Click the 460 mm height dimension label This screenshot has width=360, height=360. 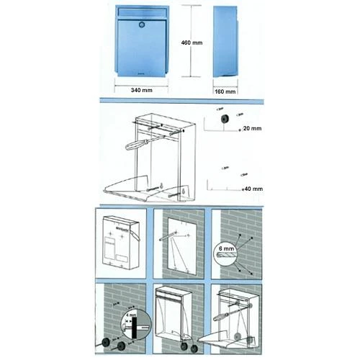tap(192, 42)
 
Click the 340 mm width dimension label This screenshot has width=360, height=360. tap(142, 90)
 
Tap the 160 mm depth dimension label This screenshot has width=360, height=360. tap(225, 91)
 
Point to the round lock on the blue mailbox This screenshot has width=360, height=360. tap(142, 24)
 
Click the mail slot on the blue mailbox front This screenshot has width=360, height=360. tap(142, 12)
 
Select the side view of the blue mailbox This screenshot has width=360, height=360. tap(225, 42)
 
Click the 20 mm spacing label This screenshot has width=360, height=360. tap(252, 128)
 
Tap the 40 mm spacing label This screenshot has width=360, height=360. tap(253, 189)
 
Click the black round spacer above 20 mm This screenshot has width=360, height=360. tap(225, 119)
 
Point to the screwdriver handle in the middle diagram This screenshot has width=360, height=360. tap(135, 145)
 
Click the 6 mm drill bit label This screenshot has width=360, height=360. tap(226, 248)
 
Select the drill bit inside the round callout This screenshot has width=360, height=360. tap(226, 255)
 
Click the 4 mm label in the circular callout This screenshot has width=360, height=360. tap(131, 315)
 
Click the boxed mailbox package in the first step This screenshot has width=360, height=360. tap(121, 243)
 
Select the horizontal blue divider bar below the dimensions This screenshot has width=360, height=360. tap(181, 101)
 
